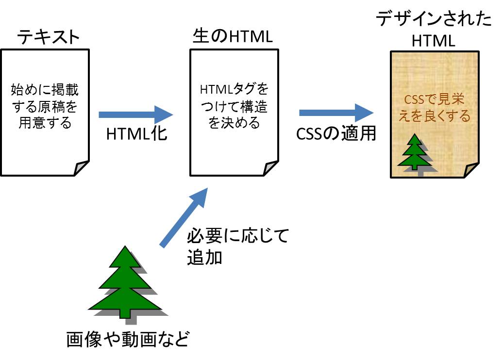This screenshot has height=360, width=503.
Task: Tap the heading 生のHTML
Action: click(x=232, y=37)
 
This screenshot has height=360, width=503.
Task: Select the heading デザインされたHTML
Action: click(x=434, y=30)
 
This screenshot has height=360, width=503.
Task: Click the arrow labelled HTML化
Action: click(x=135, y=115)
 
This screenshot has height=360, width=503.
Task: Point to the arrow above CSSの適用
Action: click(x=336, y=113)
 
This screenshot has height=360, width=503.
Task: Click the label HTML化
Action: click(x=136, y=134)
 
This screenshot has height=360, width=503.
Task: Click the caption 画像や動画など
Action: click(x=127, y=339)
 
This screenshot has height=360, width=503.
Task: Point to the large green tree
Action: click(x=125, y=284)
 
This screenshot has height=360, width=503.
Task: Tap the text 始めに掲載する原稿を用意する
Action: click(x=45, y=106)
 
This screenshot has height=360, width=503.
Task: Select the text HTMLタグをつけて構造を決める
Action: click(x=234, y=106)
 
